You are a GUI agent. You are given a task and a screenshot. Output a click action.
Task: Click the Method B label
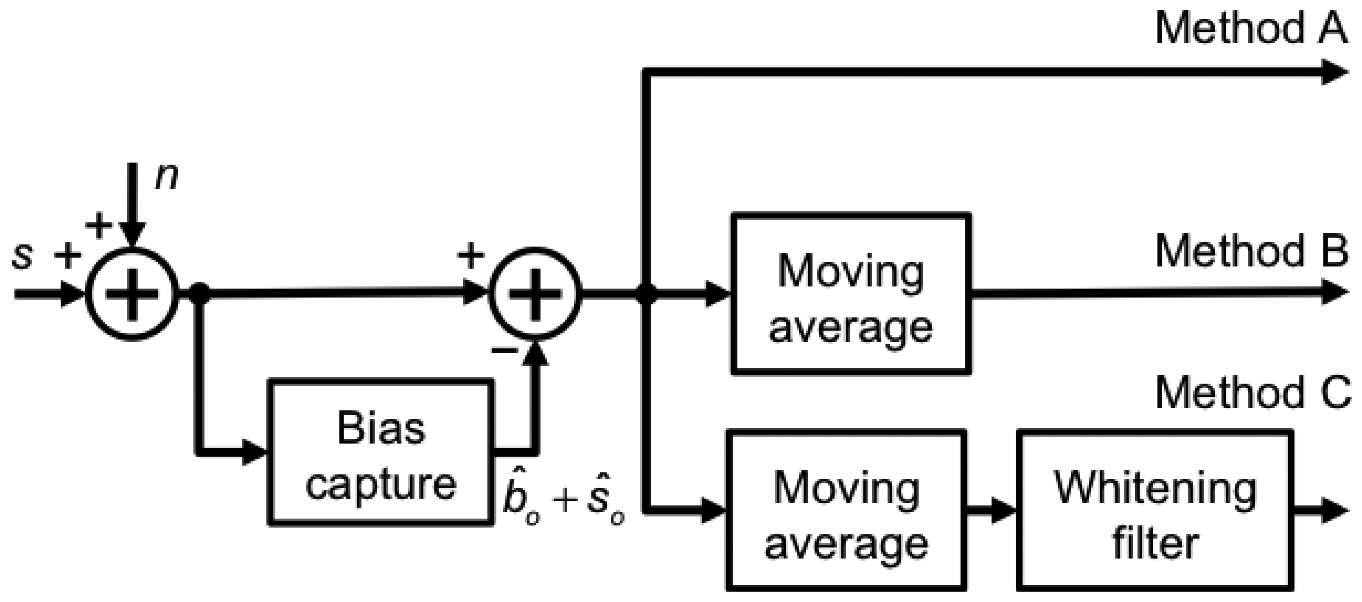[1250, 252]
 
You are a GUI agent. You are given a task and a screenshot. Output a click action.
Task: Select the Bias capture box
[381, 453]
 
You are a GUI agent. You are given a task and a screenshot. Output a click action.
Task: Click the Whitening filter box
[1155, 510]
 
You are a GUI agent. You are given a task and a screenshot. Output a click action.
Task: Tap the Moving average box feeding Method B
[850, 294]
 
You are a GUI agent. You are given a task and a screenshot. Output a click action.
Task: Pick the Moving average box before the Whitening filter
[846, 510]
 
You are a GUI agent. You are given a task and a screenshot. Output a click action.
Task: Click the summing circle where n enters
[132, 294]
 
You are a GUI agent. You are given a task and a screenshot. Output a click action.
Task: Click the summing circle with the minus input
[535, 294]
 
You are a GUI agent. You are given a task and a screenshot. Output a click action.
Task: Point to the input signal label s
[22, 255]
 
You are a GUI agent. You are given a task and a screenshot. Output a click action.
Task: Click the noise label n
[167, 176]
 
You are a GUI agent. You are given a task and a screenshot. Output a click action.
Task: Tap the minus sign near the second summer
[504, 350]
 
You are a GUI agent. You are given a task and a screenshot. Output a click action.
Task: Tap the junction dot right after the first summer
[199, 294]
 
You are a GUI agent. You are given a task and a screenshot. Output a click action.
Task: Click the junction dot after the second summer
[645, 294]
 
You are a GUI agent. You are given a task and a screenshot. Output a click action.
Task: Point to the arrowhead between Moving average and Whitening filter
[1003, 511]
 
